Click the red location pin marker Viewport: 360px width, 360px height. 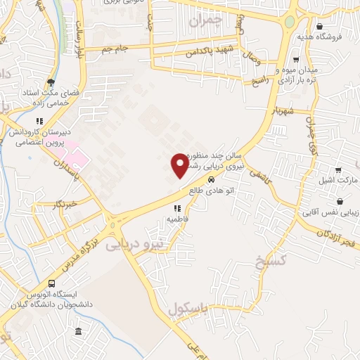(180, 165)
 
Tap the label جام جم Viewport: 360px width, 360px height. (115, 47)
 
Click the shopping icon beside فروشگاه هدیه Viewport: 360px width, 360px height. (320, 26)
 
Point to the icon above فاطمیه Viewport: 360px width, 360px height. (177, 208)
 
